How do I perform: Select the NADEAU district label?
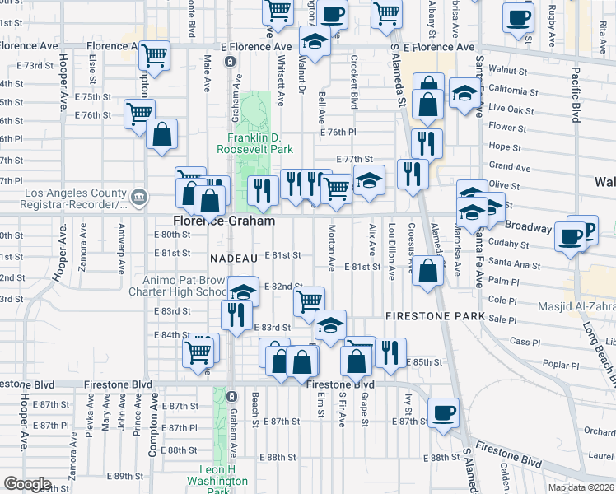234,258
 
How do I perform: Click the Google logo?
27,483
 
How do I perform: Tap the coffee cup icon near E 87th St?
444,412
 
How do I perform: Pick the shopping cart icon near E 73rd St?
154,56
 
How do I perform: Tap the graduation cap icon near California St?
465,95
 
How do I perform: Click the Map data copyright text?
581,487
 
